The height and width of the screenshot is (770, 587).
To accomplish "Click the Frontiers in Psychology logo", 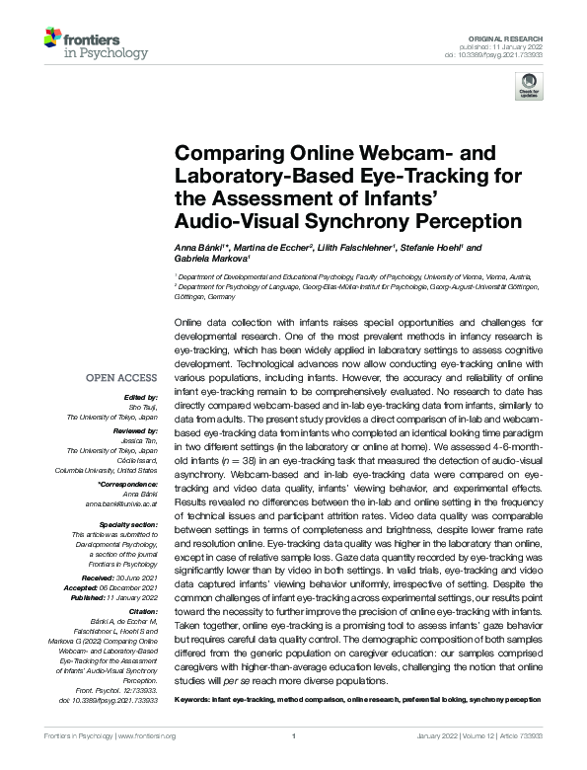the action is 95,43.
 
